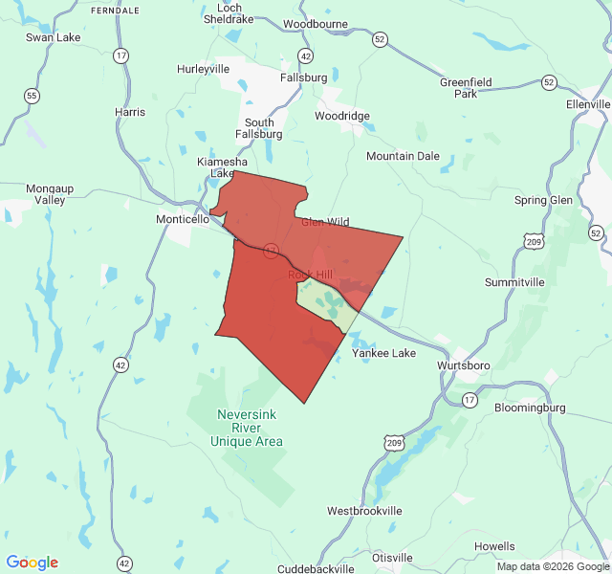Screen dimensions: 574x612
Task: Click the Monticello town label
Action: [183, 219]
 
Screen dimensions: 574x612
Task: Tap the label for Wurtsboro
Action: [464, 366]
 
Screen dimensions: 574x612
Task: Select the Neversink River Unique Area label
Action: [250, 428]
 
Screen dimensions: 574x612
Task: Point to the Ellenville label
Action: [587, 104]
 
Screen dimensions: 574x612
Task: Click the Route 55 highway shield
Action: [33, 96]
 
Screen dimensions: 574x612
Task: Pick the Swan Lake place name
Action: [54, 37]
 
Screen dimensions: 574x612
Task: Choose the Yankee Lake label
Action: [384, 353]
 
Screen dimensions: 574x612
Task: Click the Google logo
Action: [33, 563]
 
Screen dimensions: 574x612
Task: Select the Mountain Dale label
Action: [403, 156]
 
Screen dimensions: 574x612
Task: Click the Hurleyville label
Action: [204, 69]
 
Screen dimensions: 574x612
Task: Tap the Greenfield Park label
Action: [466, 88]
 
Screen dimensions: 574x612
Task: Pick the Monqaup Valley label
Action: [46, 194]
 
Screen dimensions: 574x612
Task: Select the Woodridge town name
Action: [342, 116]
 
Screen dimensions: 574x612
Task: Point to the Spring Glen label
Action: [543, 200]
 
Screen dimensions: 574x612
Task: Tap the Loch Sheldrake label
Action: [229, 12]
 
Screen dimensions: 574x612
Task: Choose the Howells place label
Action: [494, 546]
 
